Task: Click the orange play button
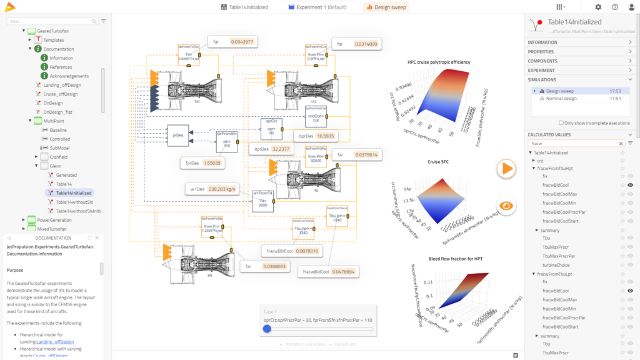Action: click(507, 168)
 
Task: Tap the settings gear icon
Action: click(598, 7)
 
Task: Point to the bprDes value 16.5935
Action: click(325, 136)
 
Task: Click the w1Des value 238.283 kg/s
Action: click(223, 189)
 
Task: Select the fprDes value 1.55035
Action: click(212, 162)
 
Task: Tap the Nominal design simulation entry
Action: click(561, 99)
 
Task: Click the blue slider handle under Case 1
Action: click(267, 328)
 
